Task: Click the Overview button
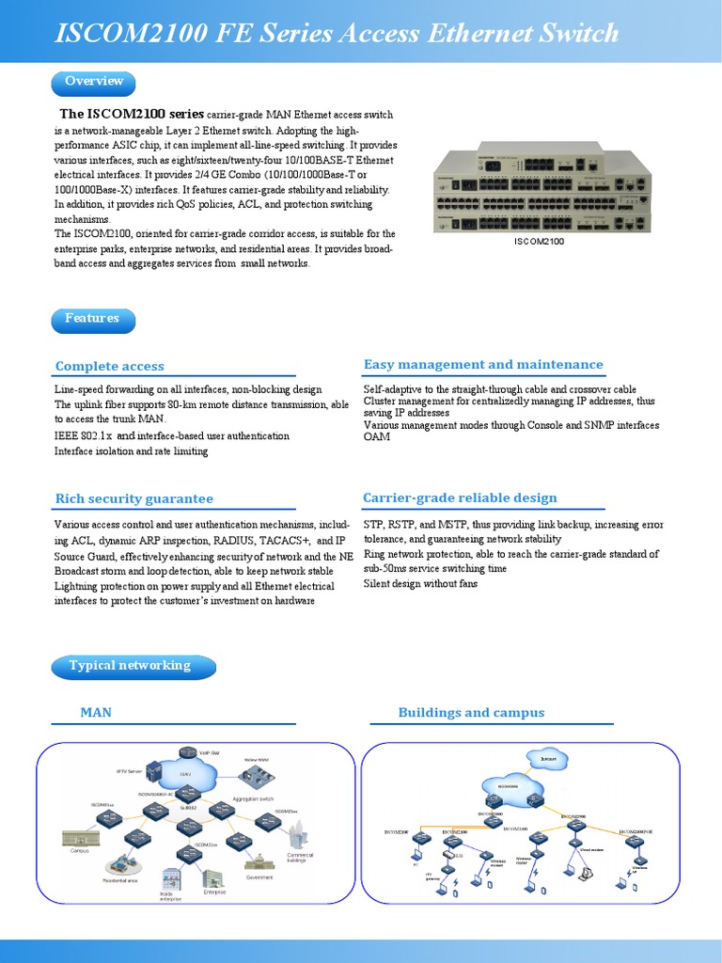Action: click(93, 82)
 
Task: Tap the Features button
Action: click(92, 319)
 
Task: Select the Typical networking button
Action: click(130, 666)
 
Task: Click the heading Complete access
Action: click(109, 367)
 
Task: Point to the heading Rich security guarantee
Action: click(133, 499)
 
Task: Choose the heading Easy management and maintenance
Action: click(483, 365)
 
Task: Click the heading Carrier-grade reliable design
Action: click(460, 498)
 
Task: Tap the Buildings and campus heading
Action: click(471, 713)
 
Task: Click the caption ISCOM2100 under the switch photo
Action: click(540, 242)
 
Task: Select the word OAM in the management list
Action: click(377, 437)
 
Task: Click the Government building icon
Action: click(258, 860)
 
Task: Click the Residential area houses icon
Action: click(120, 864)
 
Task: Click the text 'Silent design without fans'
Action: click(420, 584)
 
